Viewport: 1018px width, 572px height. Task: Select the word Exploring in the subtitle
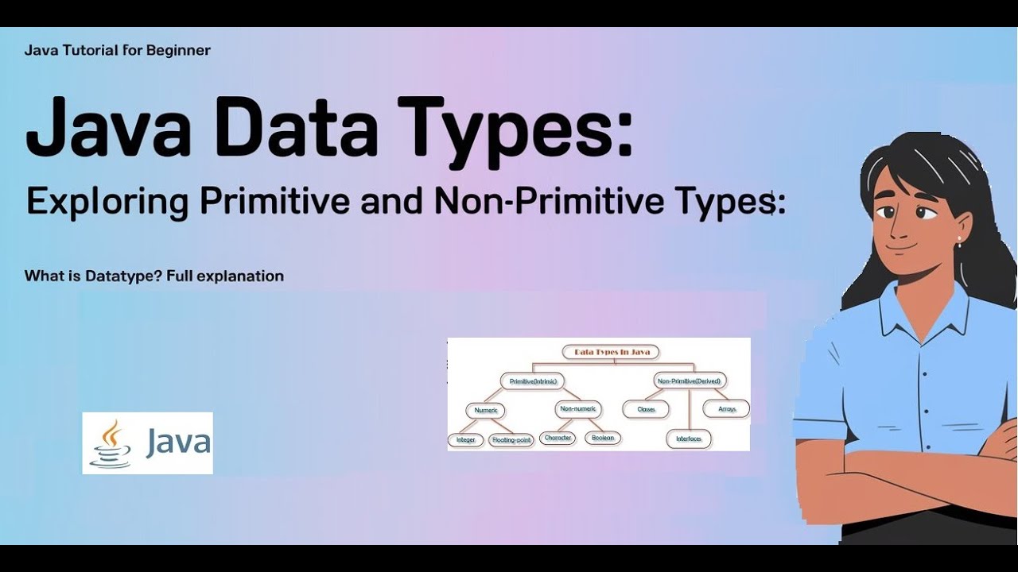pos(107,202)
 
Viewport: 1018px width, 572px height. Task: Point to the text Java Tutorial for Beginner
pos(118,51)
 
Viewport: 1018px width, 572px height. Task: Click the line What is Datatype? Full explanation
pos(154,276)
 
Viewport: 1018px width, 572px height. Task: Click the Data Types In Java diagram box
pos(611,351)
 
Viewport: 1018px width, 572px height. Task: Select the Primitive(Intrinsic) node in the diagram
pos(532,381)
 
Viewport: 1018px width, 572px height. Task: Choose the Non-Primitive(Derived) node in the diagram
pos(688,381)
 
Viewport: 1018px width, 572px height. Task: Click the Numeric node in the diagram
pos(485,410)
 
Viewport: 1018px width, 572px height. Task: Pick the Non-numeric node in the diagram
pos(577,410)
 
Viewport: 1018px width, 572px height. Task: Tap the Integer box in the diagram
pos(465,439)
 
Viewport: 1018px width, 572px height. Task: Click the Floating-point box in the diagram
pos(511,439)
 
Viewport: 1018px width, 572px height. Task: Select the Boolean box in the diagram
pos(603,438)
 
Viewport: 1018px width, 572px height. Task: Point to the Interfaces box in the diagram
pos(689,439)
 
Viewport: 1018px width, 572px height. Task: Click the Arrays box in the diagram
pos(727,409)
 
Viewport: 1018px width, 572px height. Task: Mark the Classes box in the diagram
pos(646,410)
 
